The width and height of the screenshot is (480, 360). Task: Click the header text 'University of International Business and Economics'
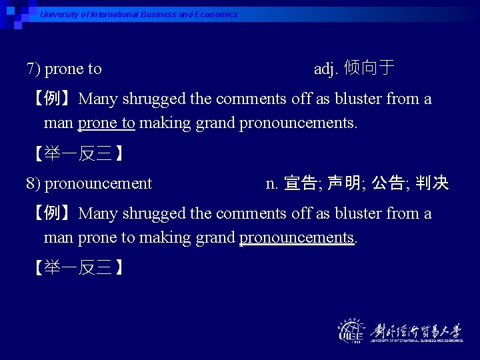coord(139,14)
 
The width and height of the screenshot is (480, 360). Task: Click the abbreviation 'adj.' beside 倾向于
coord(327,69)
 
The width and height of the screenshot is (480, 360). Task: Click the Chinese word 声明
coord(344,183)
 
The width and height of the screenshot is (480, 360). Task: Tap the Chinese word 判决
coord(432,183)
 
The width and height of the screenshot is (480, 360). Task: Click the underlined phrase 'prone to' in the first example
coord(107,123)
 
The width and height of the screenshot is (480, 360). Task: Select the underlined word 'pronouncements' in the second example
coord(296,238)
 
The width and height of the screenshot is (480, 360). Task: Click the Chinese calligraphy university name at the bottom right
coord(417,329)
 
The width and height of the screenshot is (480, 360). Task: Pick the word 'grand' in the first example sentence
coord(217,123)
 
